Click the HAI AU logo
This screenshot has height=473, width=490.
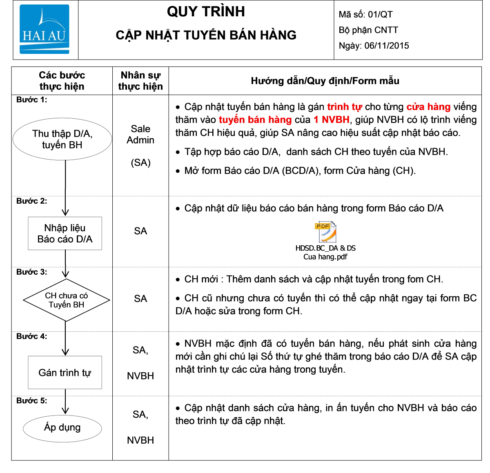pyautogui.click(x=45, y=29)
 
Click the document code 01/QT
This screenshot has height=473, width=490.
pyautogui.click(x=380, y=14)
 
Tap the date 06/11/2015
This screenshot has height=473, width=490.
pyautogui.click(x=386, y=46)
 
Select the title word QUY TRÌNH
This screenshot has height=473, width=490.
pyautogui.click(x=206, y=11)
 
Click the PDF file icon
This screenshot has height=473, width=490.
pyautogui.click(x=325, y=231)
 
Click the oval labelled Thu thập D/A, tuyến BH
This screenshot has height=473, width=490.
pyautogui.click(x=62, y=139)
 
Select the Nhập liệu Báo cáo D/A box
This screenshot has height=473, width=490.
pyautogui.click(x=65, y=233)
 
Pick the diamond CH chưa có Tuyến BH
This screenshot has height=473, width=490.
pyautogui.click(x=66, y=300)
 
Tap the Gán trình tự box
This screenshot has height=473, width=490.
pyautogui.click(x=65, y=372)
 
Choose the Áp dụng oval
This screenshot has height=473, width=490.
pyautogui.click(x=62, y=428)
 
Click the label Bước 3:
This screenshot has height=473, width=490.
pyautogui.click(x=31, y=272)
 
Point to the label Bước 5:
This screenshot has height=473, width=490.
pyautogui.click(x=31, y=400)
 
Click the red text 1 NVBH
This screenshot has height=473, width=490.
pyautogui.click(x=331, y=120)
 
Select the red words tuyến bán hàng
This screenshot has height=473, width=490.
pyautogui.click(x=255, y=120)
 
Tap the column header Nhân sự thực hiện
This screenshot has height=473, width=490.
pyautogui.click(x=140, y=81)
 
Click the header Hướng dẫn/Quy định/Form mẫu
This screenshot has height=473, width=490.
pyautogui.click(x=325, y=81)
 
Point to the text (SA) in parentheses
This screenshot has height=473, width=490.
pyautogui.click(x=140, y=162)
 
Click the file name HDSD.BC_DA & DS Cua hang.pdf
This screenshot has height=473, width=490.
pyautogui.click(x=325, y=252)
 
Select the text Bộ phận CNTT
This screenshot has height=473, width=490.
pyautogui.click(x=368, y=30)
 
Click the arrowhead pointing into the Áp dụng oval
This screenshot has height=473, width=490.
pyautogui.click(x=65, y=410)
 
